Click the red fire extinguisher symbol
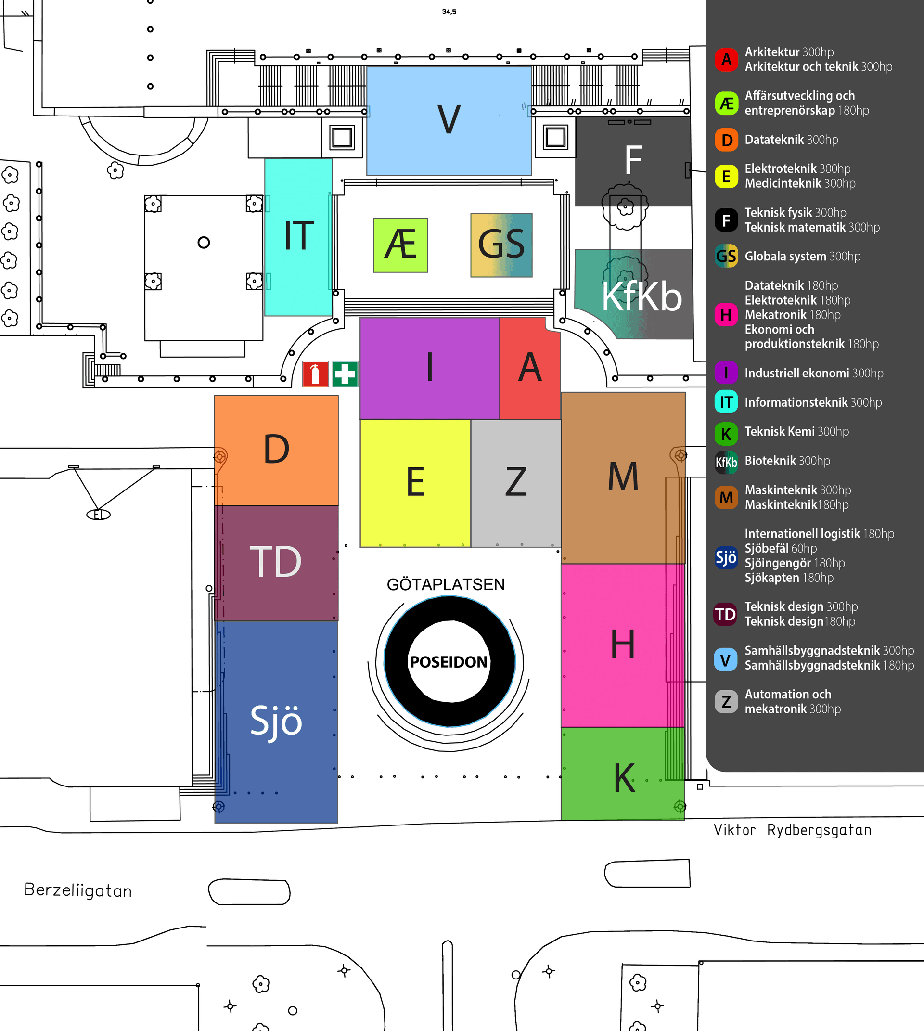point(315,374)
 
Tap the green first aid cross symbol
point(345,374)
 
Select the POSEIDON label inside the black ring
point(449,662)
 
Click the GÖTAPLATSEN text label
point(446,585)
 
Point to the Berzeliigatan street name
point(77,890)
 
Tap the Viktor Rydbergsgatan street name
point(793,830)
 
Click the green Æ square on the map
point(400,245)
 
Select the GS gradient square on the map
point(501,245)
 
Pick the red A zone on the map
point(530,368)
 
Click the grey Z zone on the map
point(516,482)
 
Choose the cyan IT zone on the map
point(298,237)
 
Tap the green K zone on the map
point(623,776)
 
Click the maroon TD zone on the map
point(276,563)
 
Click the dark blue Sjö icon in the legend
point(726,557)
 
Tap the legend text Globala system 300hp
point(803,257)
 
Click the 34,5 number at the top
point(449,12)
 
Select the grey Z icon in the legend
point(726,701)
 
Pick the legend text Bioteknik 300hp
point(787,461)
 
